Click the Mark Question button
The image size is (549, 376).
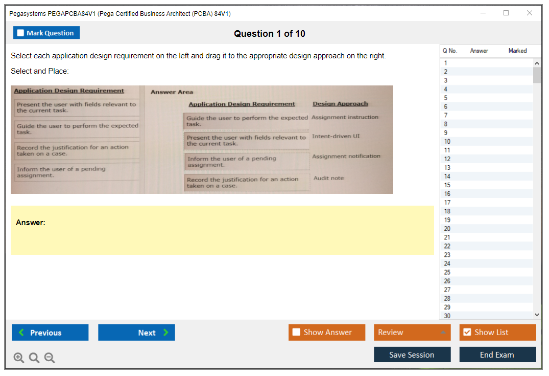tap(46, 33)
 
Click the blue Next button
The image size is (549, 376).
tap(136, 333)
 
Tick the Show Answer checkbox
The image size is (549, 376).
tap(296, 332)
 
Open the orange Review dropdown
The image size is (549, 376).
tap(412, 333)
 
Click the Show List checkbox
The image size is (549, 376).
tap(467, 332)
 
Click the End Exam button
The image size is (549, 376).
tap(497, 355)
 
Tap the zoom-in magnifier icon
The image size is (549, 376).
tap(19, 358)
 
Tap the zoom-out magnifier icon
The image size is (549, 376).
tap(50, 358)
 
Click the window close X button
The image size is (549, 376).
tap(530, 13)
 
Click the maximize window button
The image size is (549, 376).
tap(506, 13)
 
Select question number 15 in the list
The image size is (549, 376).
tap(447, 185)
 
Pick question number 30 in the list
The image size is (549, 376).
tap(447, 316)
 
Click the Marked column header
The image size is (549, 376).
tap(517, 51)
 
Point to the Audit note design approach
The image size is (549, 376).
tap(328, 178)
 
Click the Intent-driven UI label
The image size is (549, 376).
tap(336, 136)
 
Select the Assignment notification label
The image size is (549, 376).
tap(346, 156)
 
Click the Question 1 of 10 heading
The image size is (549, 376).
tap(270, 34)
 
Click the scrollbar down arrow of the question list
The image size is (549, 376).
tap(537, 315)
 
